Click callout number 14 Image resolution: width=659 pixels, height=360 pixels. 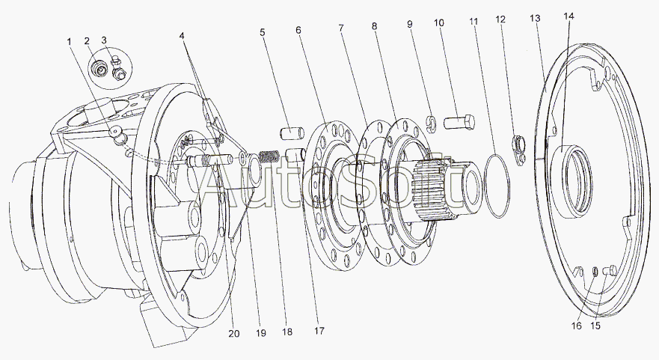tap(568, 16)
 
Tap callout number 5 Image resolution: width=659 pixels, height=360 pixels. tap(263, 32)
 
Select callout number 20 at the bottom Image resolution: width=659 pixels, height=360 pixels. tap(234, 334)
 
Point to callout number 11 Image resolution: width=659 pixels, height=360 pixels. tap(474, 22)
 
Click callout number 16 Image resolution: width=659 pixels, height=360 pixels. tap(577, 326)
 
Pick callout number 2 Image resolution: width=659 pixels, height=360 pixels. tap(87, 41)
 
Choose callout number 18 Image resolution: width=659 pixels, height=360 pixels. tap(287, 332)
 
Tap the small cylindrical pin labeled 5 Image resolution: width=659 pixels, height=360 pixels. tap(292, 133)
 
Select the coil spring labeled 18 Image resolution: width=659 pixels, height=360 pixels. tap(270, 157)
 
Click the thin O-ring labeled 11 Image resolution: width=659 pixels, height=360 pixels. tap(497, 186)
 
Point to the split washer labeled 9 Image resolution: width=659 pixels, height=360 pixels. tap(432, 122)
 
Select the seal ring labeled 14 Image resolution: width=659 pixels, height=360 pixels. tap(571, 181)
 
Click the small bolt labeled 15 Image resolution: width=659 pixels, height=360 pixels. tap(610, 270)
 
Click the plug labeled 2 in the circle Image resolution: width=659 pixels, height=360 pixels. tap(100, 70)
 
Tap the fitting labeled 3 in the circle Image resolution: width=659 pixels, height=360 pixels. tap(118, 69)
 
